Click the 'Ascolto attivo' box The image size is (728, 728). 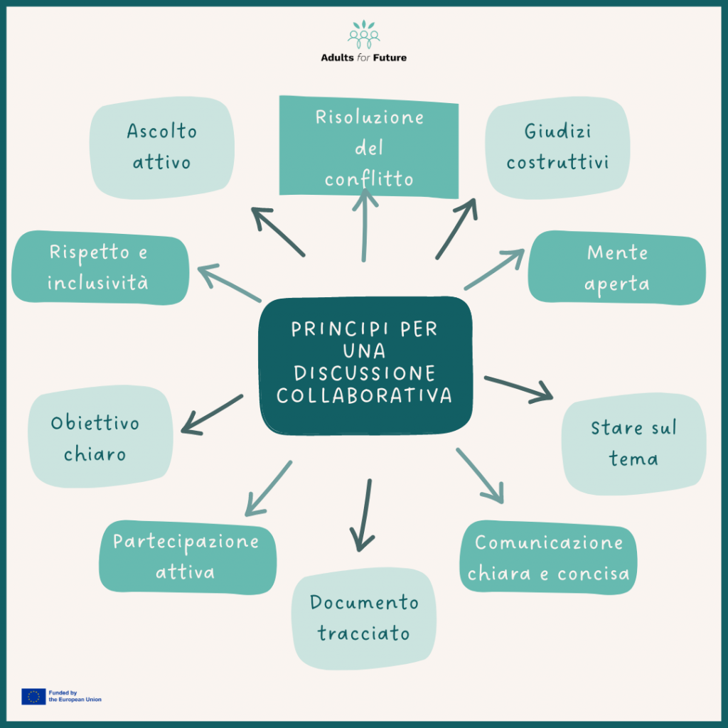pos(162,147)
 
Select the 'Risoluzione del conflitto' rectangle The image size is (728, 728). pos(368,148)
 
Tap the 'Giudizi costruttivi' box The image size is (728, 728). pos(557,147)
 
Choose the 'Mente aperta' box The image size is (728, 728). pos(616,268)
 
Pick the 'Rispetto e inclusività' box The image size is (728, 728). pos(100,267)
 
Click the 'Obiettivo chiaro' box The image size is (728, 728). pos(100,437)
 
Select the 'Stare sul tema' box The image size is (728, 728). pos(633,444)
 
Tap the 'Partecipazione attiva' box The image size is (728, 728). pos(186,557)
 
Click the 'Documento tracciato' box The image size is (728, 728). pos(364,618)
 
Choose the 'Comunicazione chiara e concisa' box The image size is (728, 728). pos(548,558)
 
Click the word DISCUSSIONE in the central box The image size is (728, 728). pos(365,373)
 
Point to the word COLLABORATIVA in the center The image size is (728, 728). pos(365,396)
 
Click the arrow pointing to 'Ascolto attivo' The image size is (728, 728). pos(278,232)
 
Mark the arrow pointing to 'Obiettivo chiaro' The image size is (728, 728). pos(212,414)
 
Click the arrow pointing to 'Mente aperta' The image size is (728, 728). pos(494,269)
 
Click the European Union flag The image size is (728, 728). pos(33,696)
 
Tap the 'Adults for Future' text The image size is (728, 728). pos(364,58)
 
